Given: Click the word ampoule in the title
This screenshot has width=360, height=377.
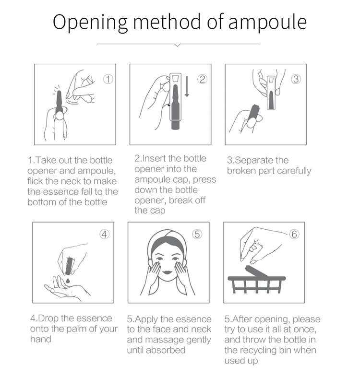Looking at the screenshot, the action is click(267, 23).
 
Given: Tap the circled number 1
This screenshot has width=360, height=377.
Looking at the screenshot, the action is click(108, 79).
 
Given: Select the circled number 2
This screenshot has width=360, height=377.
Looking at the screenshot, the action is click(202, 79).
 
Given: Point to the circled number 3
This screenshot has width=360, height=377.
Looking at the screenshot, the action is click(296, 79).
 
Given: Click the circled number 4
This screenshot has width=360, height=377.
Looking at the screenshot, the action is click(104, 234).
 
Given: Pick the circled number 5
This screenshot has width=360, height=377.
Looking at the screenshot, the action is click(197, 234).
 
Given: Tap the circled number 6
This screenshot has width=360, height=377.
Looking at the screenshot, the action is click(294, 234).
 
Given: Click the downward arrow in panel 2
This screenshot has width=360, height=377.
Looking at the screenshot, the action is click(187, 86).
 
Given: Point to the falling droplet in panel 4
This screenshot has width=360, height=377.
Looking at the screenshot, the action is click(68, 281).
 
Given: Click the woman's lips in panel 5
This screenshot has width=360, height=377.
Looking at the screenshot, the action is click(167, 272).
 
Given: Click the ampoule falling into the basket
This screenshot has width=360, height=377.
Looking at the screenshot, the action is click(256, 272).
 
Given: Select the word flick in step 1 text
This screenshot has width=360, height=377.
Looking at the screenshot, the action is click(35, 181).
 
